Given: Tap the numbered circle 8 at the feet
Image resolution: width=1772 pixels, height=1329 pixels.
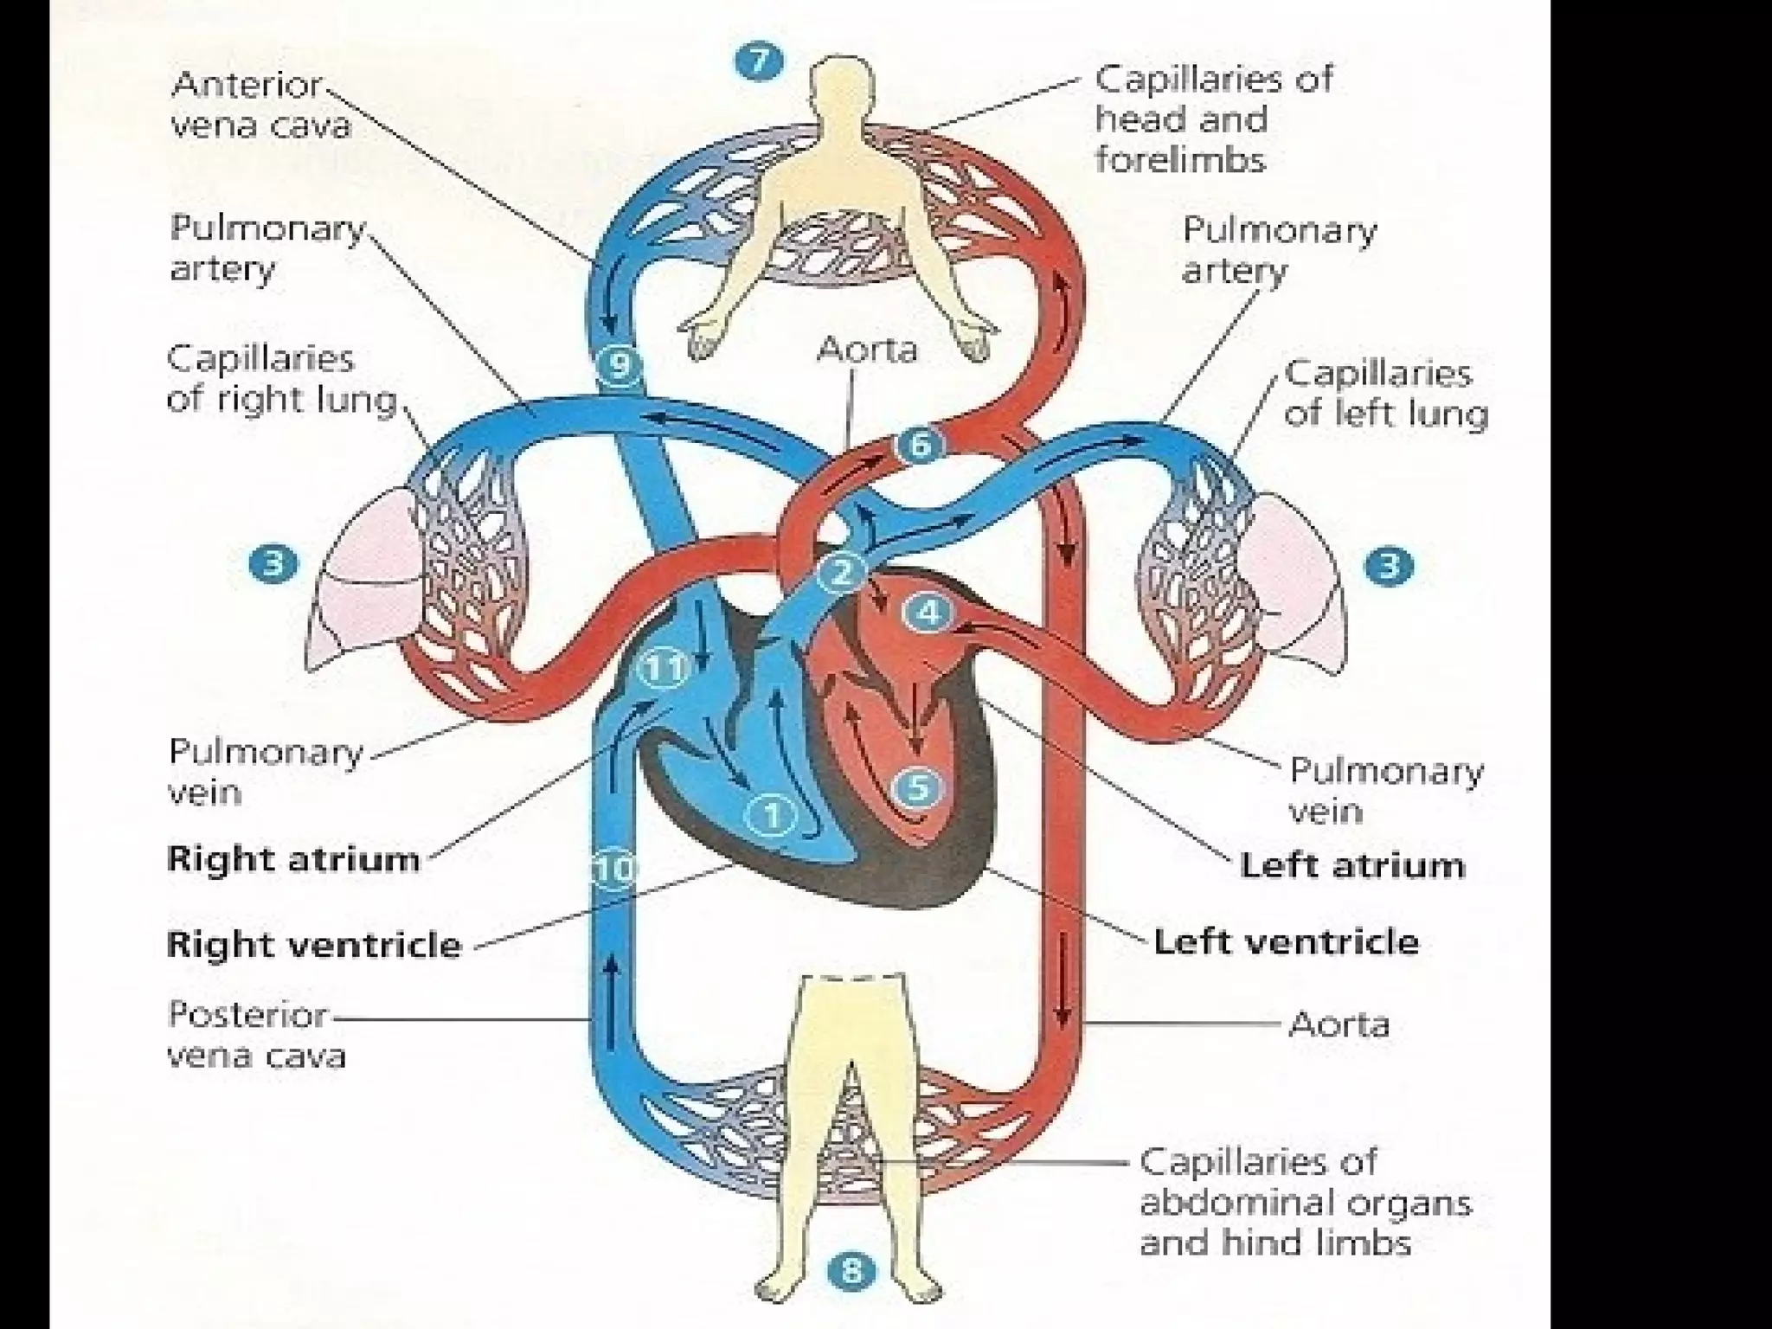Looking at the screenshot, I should (x=852, y=1271).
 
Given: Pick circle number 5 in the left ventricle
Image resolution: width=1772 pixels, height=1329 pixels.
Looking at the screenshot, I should (x=919, y=787).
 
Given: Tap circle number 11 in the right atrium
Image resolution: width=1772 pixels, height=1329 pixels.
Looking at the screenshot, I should (x=664, y=668).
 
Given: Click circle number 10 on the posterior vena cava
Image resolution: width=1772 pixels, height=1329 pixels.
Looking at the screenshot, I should (x=614, y=869).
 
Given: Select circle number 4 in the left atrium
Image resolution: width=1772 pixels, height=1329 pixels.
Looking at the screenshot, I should (x=928, y=613).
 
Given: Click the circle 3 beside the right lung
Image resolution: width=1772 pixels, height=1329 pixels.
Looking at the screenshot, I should (x=273, y=565).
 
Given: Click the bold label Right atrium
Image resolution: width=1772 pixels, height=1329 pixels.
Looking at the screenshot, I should (x=292, y=859).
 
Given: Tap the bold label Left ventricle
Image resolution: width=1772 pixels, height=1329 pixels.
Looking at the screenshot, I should (x=1286, y=941).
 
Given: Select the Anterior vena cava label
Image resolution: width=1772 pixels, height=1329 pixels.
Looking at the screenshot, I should (x=260, y=106).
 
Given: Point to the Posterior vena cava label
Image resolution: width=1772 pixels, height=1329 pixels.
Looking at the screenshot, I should (x=256, y=1035).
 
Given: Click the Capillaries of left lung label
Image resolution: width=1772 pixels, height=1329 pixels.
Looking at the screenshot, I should (x=1384, y=394).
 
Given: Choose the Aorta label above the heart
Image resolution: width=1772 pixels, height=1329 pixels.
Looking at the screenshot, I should (x=866, y=350).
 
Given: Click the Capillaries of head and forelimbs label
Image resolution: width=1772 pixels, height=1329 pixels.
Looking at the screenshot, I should (x=1213, y=119).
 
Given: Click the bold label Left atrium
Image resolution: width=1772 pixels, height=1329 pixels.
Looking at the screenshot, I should (x=1351, y=865).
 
